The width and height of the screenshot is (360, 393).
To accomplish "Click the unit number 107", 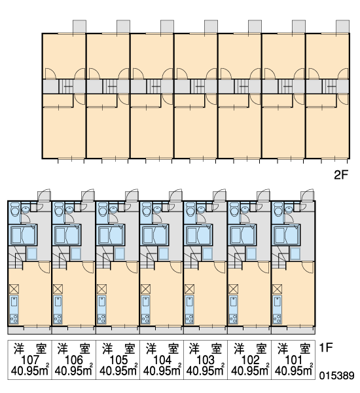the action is click(30, 360).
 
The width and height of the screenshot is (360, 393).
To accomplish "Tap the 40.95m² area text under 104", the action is click(162, 371).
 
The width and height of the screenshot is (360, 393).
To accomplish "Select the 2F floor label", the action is click(341, 175).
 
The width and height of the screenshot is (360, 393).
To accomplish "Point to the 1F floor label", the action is click(326, 347).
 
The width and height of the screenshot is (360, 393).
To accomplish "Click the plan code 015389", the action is click(336, 375).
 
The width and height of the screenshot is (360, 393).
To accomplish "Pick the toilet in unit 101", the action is click(278, 209).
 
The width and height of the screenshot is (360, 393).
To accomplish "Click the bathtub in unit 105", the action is click(110, 235).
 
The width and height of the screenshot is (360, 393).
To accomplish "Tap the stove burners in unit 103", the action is click(189, 319).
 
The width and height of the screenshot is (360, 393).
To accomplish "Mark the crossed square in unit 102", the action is click(233, 289).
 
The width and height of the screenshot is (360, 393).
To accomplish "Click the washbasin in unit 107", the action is click(26, 208).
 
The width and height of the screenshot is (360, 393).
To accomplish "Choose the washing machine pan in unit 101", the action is click(295, 253).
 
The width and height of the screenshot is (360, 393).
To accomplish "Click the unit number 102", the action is click(250, 360).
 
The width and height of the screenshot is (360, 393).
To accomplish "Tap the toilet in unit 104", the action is click(146, 209).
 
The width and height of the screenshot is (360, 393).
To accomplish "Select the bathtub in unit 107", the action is click(22, 235).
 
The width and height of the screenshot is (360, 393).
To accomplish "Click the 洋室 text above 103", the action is click(206, 349).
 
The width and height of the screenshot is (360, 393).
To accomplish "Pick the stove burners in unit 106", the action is click(58, 319).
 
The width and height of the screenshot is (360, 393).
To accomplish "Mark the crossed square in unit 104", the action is click(145, 289).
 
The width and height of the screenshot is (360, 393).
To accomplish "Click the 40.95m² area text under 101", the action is click(294, 371).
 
